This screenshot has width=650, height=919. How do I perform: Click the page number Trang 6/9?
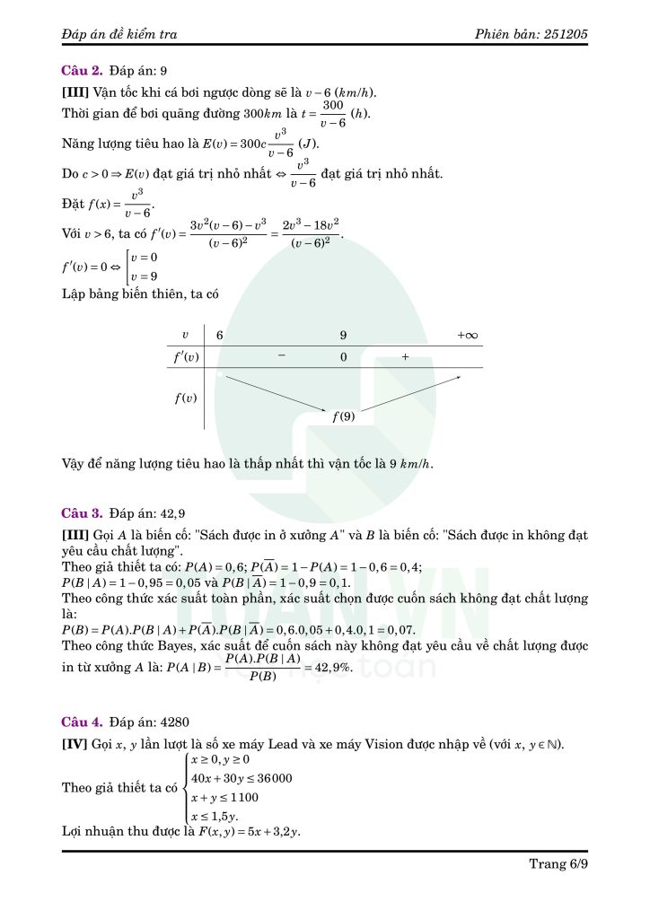558,864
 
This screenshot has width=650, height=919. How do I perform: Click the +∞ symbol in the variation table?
467,336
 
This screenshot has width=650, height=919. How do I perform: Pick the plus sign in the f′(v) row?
405,356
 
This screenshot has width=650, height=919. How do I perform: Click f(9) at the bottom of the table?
343,416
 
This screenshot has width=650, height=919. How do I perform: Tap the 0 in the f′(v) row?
343,356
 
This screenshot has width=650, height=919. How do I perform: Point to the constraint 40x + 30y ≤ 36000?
242,777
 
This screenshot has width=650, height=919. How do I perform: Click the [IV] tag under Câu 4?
74,745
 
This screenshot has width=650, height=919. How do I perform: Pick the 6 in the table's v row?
219,336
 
